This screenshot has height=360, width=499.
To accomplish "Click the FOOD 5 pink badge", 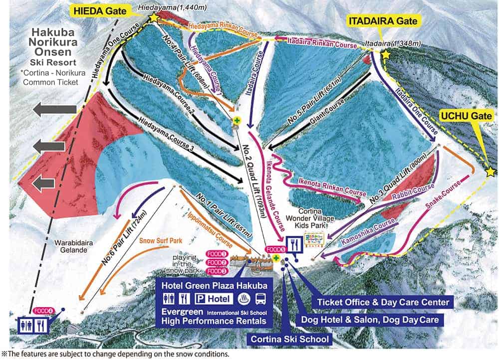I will coord(275,249).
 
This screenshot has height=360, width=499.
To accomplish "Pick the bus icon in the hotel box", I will coord(260,299).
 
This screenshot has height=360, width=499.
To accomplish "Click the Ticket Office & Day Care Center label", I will coord(382,302).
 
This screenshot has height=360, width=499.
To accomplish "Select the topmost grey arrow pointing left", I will coord(54,109).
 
